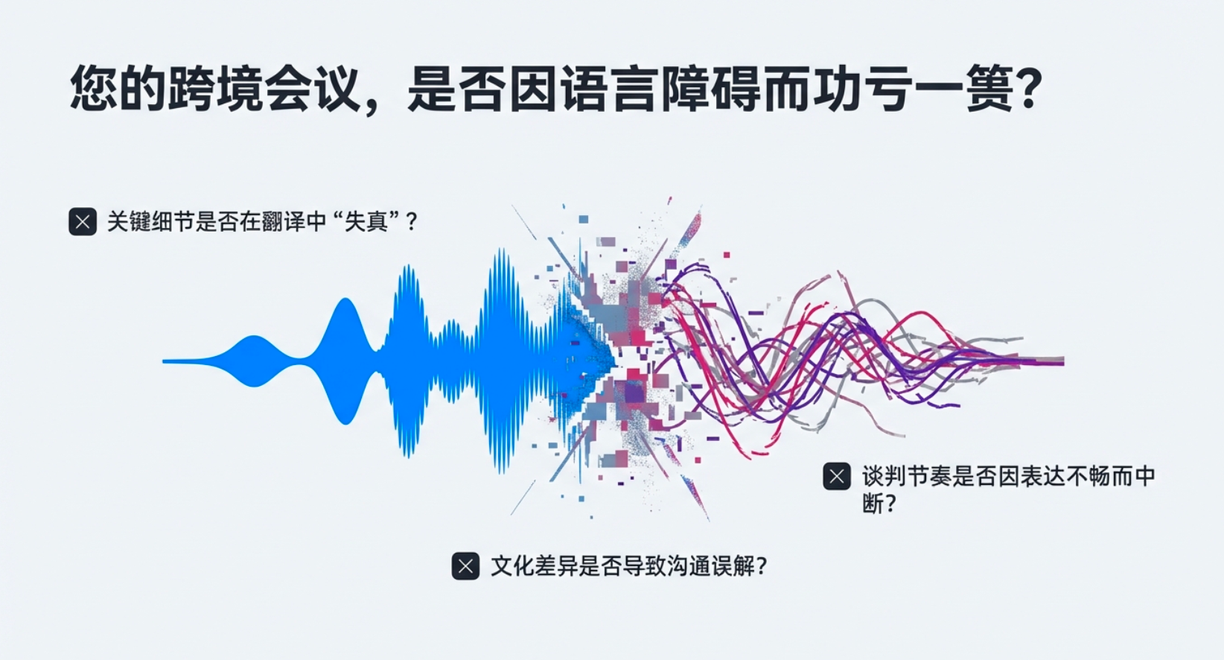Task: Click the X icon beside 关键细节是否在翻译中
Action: (x=83, y=221)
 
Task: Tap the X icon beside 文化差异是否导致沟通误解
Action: (x=465, y=566)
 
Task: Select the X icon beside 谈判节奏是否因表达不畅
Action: (x=837, y=476)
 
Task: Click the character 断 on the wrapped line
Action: (x=872, y=504)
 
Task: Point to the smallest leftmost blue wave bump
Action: (x=254, y=361)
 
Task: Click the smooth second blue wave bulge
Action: (x=345, y=361)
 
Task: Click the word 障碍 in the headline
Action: (x=710, y=88)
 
